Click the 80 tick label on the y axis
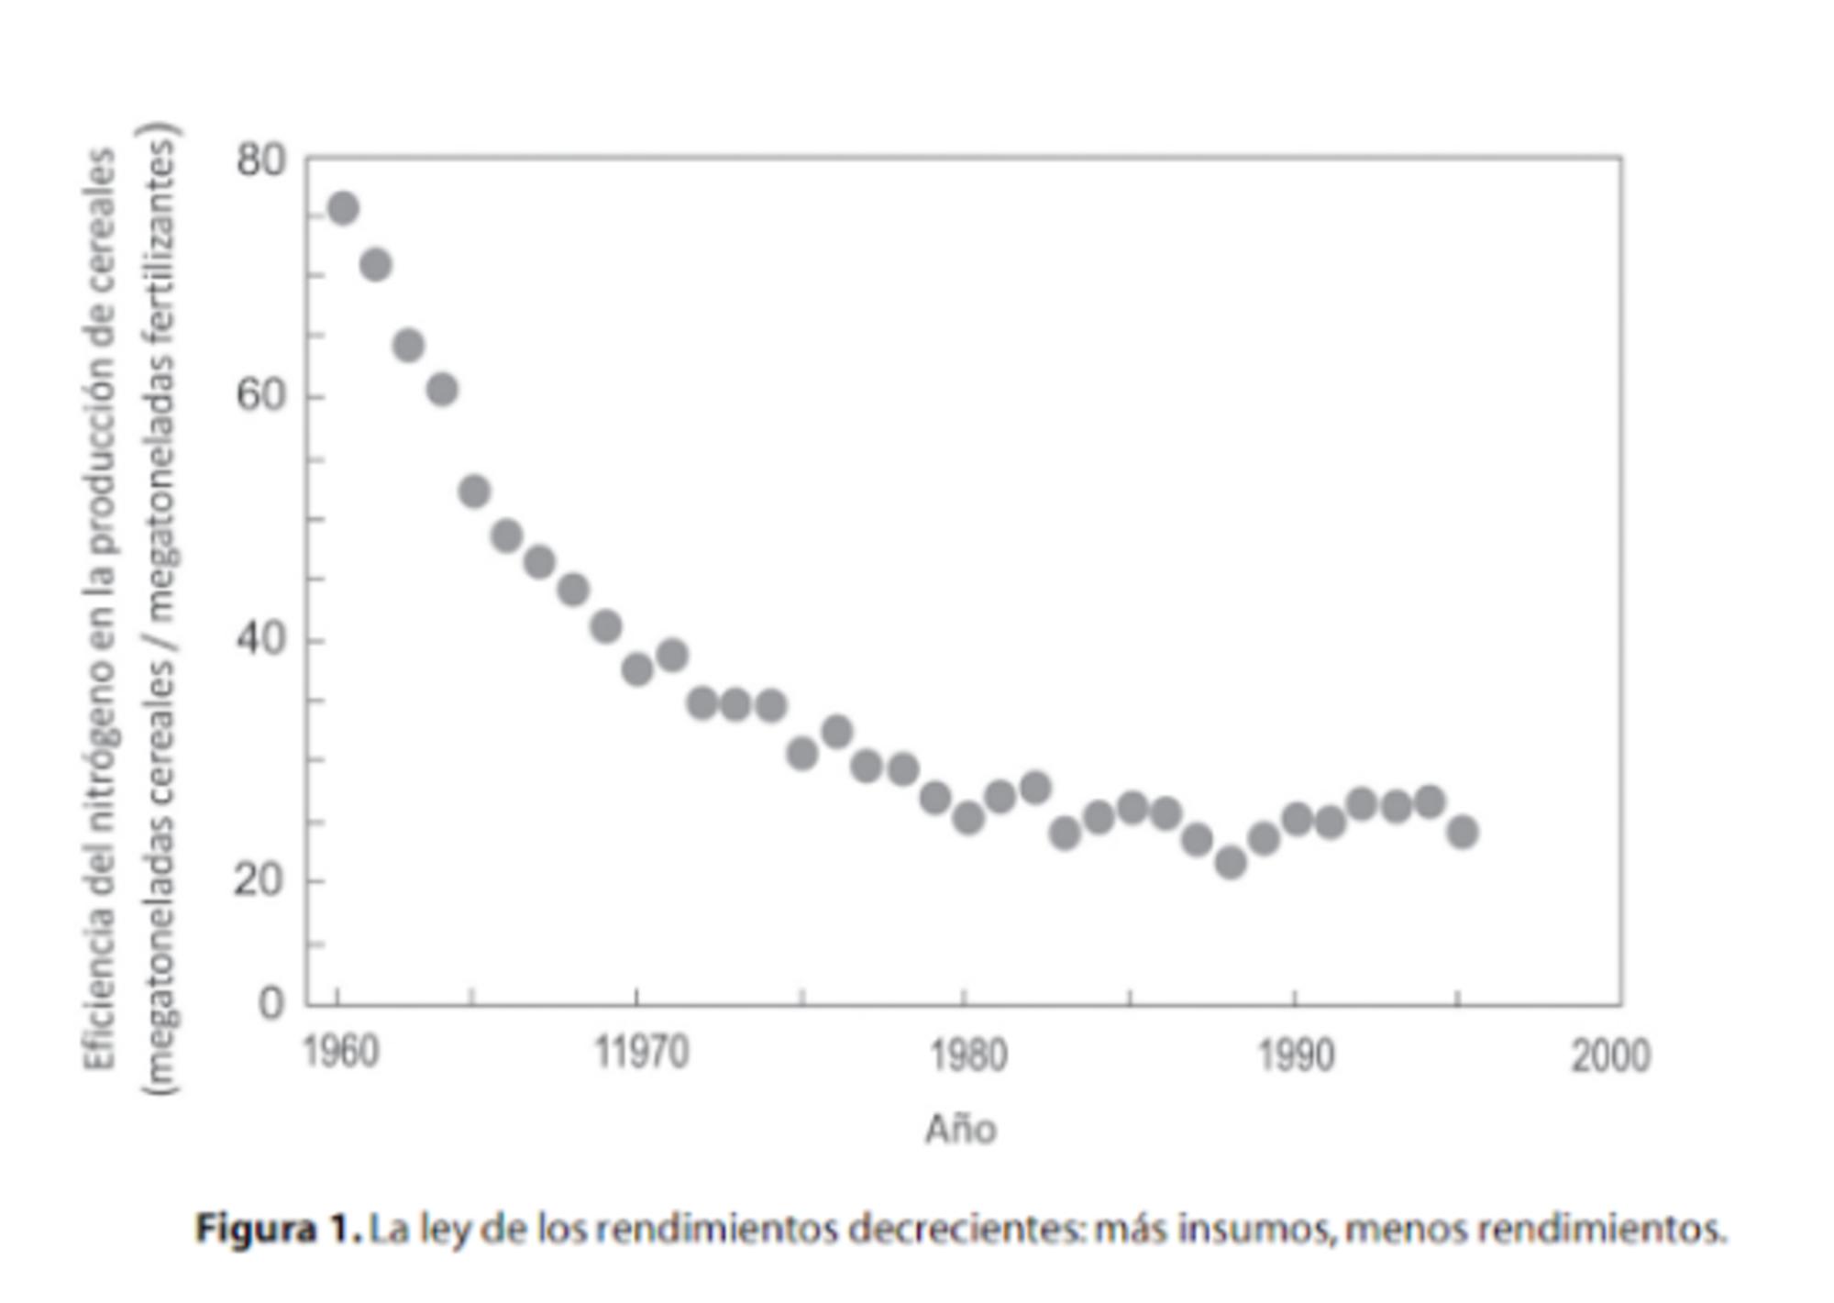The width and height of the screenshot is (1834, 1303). pos(260,160)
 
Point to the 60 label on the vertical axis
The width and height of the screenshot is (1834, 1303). pos(260,396)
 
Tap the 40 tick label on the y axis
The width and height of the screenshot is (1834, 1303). pos(260,639)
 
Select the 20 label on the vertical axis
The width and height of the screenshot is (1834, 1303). pos(260,880)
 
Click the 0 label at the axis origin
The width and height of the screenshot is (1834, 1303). pos(271,1003)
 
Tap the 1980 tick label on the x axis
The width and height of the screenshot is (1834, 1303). pos(968,1055)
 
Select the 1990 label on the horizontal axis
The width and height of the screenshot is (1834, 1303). pos(1295,1055)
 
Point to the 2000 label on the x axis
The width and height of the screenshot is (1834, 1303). pos(1610,1055)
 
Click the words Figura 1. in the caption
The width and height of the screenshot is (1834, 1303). pos(279,1228)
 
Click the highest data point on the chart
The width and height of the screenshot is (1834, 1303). pos(343,209)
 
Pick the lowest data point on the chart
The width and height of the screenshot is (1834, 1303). pos(1231,862)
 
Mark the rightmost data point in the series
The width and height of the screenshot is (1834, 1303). pos(1463,832)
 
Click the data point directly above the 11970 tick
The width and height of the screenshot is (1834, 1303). pos(637,670)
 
